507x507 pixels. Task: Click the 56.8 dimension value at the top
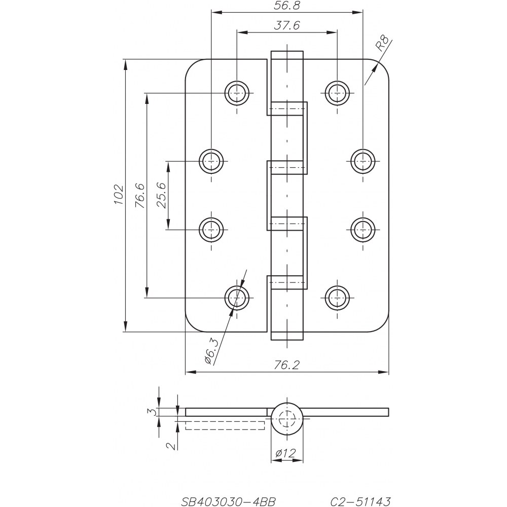tap(286, 6)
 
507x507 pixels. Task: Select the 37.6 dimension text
tap(286, 25)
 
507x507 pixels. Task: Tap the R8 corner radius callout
tap(382, 44)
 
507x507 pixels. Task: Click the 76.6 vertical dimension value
tap(140, 196)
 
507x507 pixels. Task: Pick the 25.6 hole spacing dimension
tap(161, 195)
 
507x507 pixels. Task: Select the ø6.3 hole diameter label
tap(212, 351)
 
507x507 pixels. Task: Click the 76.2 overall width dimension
tap(287, 365)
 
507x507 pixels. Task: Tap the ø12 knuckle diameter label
tap(285, 453)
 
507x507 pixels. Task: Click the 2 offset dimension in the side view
tap(171, 446)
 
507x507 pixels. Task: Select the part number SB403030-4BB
tap(228, 501)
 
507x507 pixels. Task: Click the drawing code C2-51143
tap(360, 501)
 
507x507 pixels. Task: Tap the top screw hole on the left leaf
tap(237, 93)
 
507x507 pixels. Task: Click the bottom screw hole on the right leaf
tap(337, 298)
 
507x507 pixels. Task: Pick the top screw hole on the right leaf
tap(337, 93)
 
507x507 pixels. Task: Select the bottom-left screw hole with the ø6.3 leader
tap(237, 298)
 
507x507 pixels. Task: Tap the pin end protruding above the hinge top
tap(287, 55)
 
